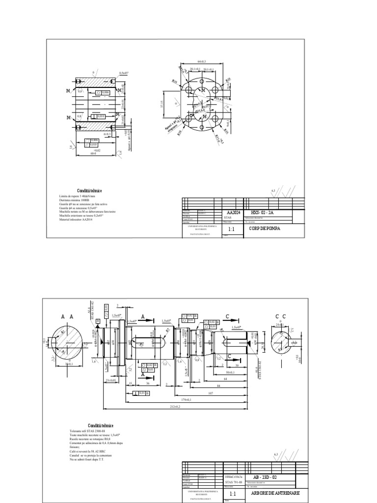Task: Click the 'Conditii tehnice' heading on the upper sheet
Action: tap(89, 191)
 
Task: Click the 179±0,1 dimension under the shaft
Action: tap(177, 399)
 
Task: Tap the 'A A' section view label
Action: tap(67, 317)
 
